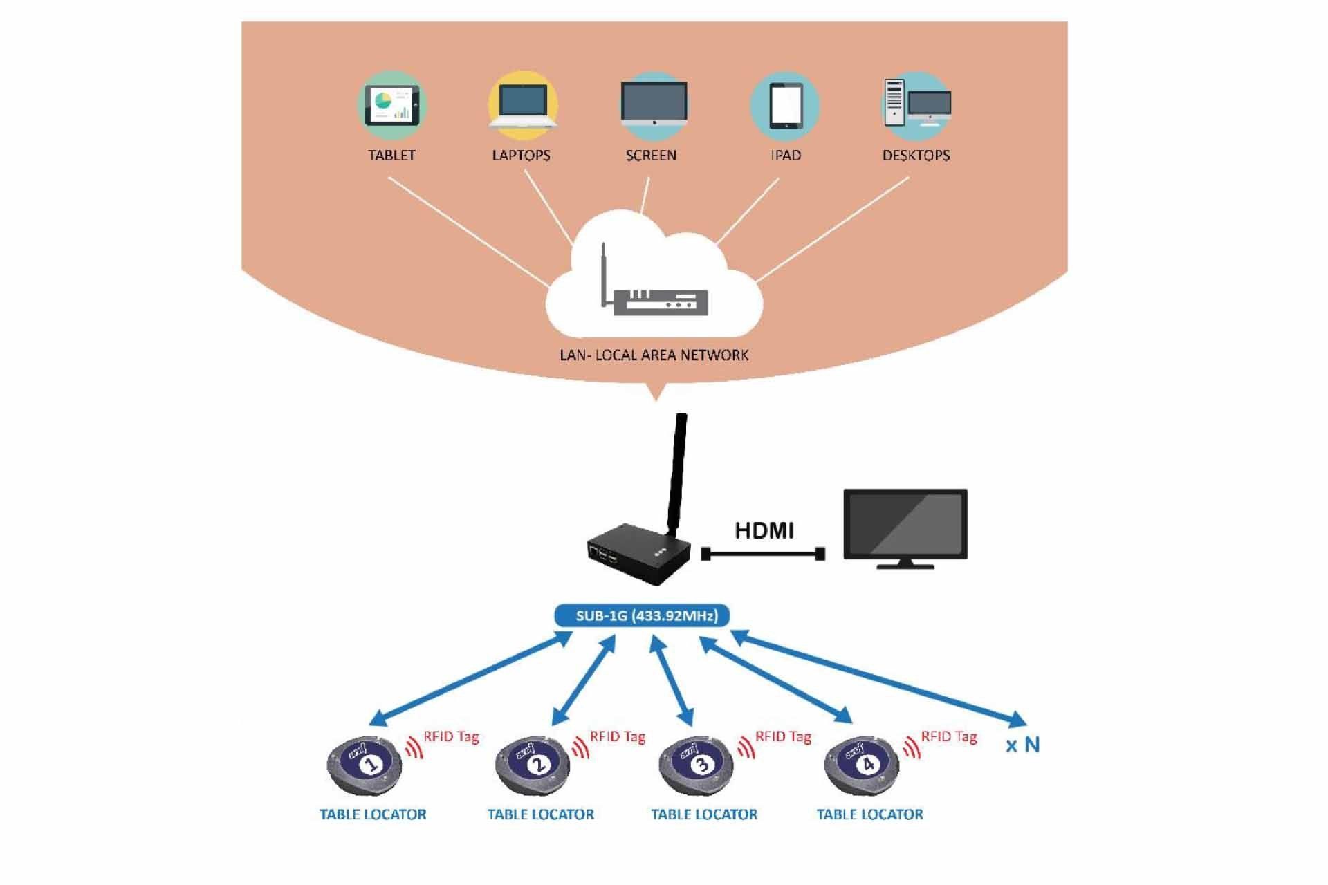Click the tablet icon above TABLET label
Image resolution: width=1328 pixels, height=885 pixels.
coord(392,106)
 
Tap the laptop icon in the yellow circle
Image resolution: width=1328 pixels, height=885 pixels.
coord(523,106)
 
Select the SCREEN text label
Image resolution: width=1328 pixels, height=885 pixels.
coord(651,156)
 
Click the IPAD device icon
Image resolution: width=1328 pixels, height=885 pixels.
coord(786,106)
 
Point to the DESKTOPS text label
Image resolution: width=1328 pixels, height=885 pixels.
coord(916,156)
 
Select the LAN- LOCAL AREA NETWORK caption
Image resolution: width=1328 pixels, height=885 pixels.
coord(654,355)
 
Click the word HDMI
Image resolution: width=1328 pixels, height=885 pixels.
coord(764,531)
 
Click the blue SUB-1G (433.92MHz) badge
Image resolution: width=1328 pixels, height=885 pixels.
coord(643,615)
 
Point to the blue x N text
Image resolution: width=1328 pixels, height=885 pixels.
coord(1022,745)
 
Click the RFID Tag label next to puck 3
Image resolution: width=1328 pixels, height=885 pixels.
coord(783,737)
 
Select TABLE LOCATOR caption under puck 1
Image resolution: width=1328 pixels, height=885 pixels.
coord(373,814)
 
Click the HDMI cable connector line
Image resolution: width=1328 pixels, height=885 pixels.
coord(763,554)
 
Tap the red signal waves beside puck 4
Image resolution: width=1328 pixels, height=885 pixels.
coord(912,747)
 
